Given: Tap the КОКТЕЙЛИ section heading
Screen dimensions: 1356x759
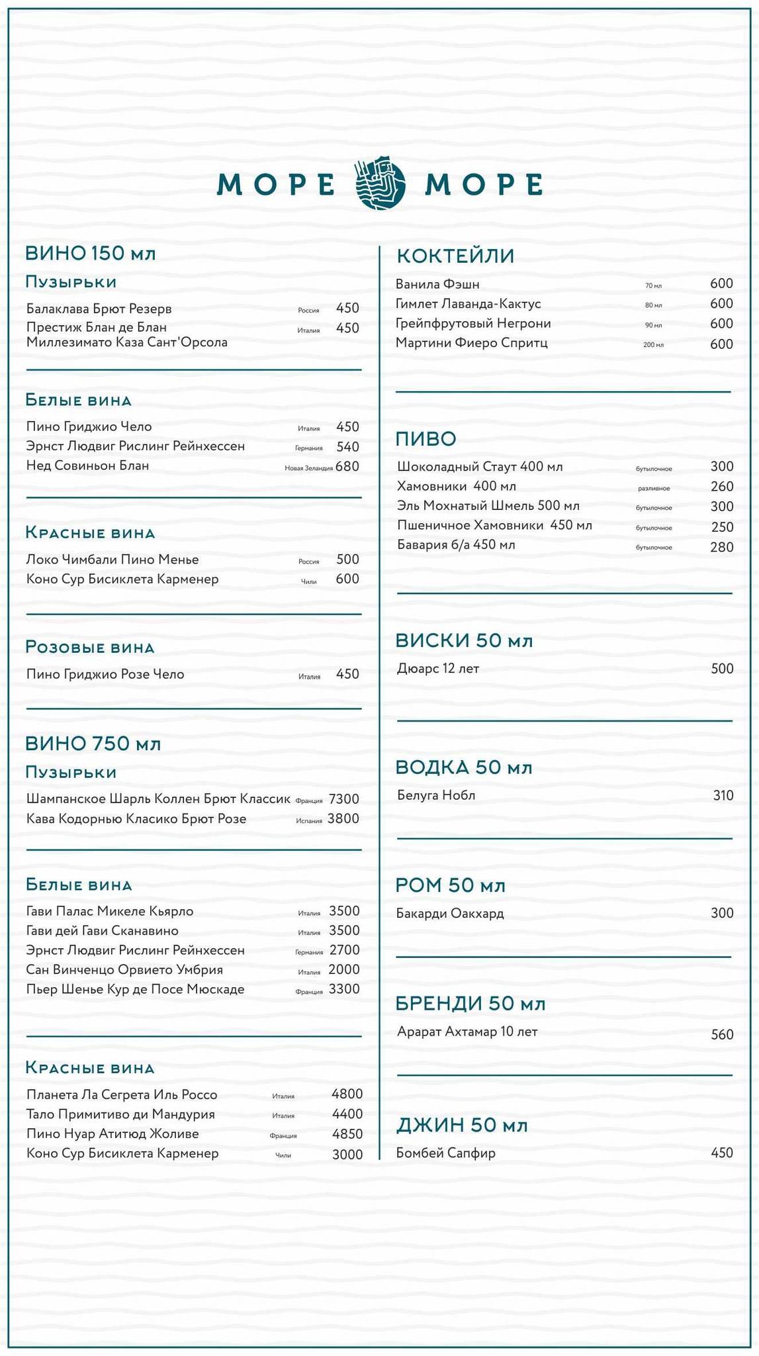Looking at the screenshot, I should [x=455, y=256].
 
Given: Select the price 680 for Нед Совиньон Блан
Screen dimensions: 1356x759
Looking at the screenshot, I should [x=347, y=466].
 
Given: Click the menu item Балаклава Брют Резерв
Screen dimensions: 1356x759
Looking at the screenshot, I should [x=99, y=309].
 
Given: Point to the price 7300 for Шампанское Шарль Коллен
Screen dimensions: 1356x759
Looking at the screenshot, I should [x=344, y=799].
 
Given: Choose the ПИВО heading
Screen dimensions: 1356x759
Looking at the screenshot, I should [x=425, y=438].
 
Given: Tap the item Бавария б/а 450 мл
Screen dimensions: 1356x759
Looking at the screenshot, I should [x=456, y=545].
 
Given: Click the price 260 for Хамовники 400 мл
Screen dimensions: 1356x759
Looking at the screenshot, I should [x=722, y=487].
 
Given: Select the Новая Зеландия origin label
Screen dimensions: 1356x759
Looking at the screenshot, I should [x=308, y=468].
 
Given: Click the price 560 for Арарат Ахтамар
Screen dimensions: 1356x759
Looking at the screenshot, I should [x=722, y=1034].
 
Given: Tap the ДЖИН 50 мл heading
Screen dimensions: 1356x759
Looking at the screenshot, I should [x=462, y=1125].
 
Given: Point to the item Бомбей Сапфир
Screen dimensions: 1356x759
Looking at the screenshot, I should [x=445, y=1153].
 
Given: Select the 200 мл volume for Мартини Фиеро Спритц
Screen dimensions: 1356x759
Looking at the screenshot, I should [x=653, y=345].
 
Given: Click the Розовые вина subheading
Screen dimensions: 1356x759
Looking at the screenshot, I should [x=90, y=647].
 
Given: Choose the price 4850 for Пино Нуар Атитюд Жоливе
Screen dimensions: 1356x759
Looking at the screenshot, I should [x=347, y=1134].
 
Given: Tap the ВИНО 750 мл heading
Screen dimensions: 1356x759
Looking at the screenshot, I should [x=93, y=744].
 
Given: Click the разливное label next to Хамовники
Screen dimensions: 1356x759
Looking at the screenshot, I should [x=654, y=489].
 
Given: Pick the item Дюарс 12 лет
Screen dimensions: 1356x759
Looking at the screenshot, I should [x=437, y=669].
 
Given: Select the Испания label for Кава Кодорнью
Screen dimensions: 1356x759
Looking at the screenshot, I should [x=309, y=821].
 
